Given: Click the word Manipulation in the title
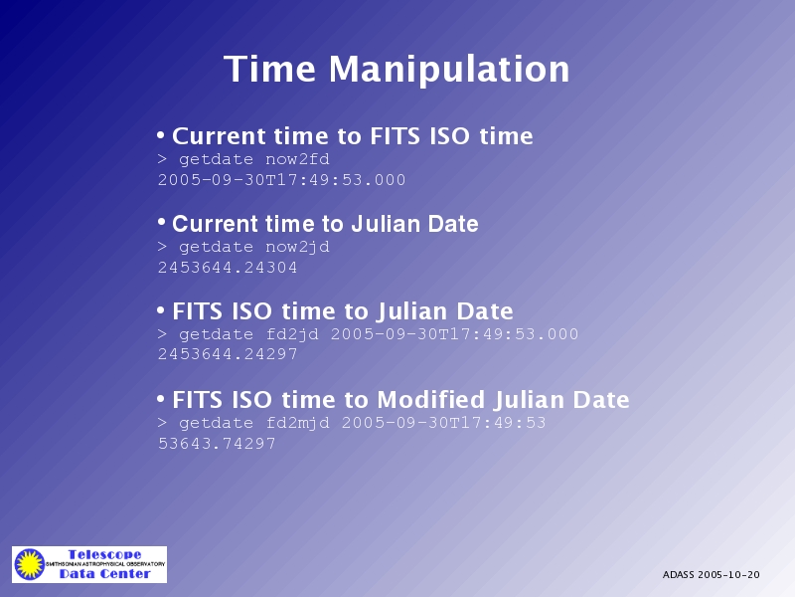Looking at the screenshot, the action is point(449,70).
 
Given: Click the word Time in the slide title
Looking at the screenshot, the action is point(269,69).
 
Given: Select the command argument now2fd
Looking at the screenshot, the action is point(297,159).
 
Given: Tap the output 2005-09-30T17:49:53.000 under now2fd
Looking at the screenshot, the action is point(281,180).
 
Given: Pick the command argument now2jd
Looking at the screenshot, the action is point(297,247).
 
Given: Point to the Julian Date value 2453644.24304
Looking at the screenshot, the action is point(228,268).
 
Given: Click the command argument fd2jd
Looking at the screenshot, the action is point(292,334).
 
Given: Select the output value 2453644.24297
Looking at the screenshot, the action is point(228,354).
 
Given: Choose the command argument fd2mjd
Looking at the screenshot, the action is point(297,423).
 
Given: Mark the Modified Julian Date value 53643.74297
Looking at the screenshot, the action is point(217,444).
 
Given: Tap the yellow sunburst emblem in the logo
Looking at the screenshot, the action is point(30,564).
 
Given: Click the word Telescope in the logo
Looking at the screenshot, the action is point(104,554).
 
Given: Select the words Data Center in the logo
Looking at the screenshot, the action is point(105,574).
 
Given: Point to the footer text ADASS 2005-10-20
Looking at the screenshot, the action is point(711,575).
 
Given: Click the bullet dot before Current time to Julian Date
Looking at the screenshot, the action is point(161,222).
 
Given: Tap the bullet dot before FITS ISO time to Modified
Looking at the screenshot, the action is point(161,399).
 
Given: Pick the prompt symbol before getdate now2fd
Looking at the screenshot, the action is point(162,159).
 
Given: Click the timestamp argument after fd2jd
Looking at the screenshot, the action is point(454,334).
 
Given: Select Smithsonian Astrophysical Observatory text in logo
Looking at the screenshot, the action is point(105,564).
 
